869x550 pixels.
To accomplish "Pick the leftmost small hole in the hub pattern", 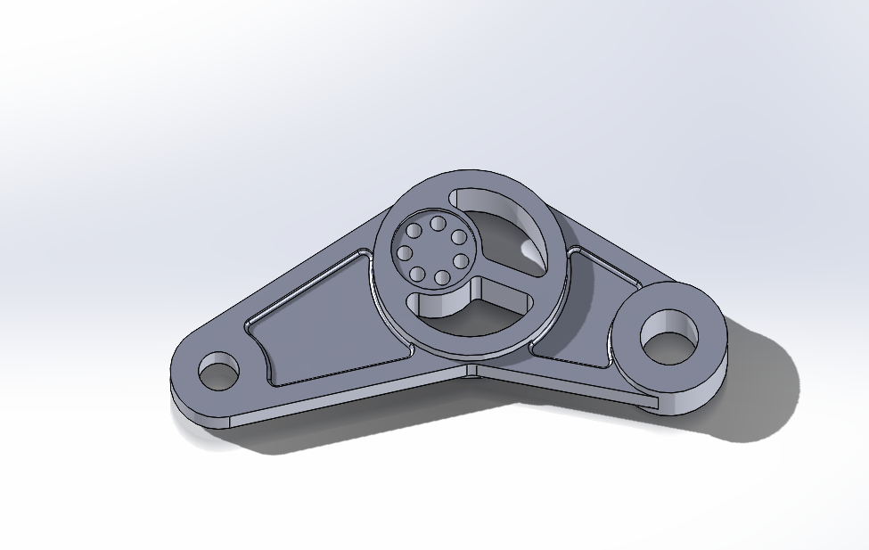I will pos(404,253).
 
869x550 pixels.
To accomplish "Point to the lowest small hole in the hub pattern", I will pos(442,278).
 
